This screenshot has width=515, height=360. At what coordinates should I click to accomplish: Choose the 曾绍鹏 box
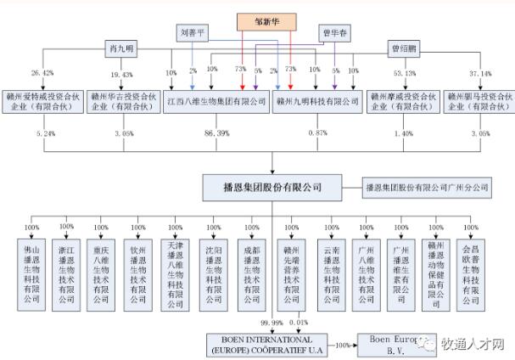point(404,48)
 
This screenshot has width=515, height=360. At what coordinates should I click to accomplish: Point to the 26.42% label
point(42,73)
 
